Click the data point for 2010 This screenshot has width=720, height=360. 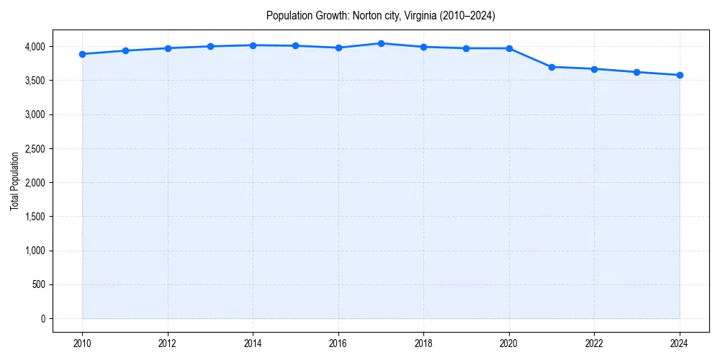tap(83, 54)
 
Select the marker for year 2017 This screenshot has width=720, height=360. tap(381, 43)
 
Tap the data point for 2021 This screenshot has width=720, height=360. tap(552, 67)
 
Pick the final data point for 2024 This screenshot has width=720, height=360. tap(680, 75)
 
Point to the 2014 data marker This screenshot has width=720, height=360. tap(253, 45)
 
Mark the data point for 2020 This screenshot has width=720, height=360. tap(509, 48)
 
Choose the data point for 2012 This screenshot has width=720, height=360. tap(168, 48)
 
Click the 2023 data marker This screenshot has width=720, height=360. tap(637, 72)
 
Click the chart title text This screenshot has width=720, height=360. tap(380, 15)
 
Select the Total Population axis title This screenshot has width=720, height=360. tap(14, 181)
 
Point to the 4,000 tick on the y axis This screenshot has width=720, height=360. tap(33, 47)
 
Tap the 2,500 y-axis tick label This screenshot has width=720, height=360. tap(33, 149)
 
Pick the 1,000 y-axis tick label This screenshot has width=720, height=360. tap(33, 251)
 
